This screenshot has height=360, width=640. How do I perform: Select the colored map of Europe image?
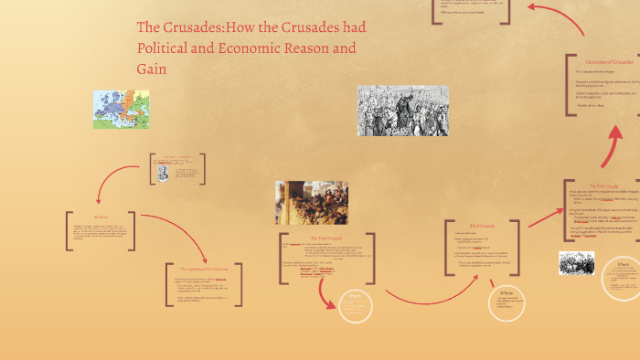pyautogui.click(x=121, y=109)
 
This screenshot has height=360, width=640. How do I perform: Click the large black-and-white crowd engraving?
pyautogui.click(x=402, y=111)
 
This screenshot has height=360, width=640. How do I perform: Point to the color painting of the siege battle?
pyautogui.click(x=311, y=202)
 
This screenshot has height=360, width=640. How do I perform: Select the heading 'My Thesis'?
pyautogui.click(x=101, y=216)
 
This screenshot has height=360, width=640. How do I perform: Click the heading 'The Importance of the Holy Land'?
pyautogui.click(x=209, y=270)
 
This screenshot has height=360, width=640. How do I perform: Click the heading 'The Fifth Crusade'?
pyautogui.click(x=603, y=185)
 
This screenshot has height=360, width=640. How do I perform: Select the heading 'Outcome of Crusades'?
pyautogui.click(x=608, y=62)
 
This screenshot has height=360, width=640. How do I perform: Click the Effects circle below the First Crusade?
pyautogui.click(x=356, y=306)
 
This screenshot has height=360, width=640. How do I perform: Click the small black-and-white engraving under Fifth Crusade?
pyautogui.click(x=576, y=263)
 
